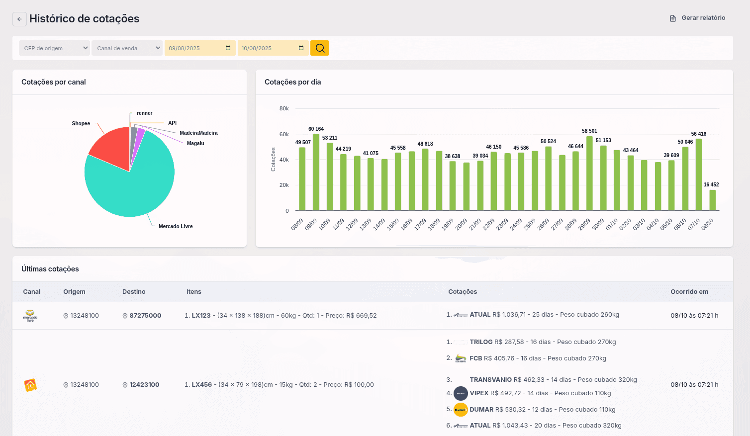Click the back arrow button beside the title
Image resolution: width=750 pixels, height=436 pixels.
tap(19, 19)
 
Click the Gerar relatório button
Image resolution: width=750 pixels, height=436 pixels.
tap(697, 18)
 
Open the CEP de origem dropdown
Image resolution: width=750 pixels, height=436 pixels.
tap(54, 48)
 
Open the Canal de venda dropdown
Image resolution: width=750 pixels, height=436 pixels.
tap(127, 48)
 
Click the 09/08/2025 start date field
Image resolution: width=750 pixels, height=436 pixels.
tap(200, 48)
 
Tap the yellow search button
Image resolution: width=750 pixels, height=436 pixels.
tap(320, 48)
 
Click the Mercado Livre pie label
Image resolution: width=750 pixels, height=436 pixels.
tap(176, 227)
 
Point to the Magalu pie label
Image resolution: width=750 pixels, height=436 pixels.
tap(195, 144)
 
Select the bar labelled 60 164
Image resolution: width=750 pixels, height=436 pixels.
tap(316, 173)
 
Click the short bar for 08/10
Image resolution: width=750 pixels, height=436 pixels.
tap(713, 200)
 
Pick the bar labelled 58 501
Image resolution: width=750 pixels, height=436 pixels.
tap(590, 174)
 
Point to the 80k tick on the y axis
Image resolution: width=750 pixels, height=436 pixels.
tap(284, 108)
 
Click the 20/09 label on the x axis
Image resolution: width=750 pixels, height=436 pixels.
tap(461, 224)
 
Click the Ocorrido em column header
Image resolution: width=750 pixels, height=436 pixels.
tap(689, 292)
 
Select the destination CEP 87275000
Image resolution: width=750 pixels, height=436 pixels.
tap(145, 316)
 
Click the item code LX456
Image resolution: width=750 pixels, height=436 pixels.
tap(201, 385)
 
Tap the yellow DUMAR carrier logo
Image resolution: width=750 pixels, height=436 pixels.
tap(461, 410)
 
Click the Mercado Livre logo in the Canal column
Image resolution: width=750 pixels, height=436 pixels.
tap(30, 316)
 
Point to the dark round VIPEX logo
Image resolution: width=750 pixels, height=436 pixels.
tap(461, 394)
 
